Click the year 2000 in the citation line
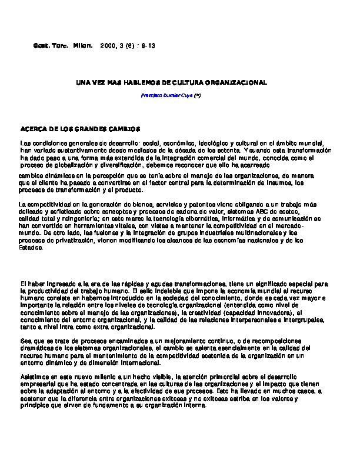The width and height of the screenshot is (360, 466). click(x=108, y=45)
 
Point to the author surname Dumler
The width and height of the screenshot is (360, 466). click(x=172, y=95)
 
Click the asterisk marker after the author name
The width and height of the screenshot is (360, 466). click(x=198, y=95)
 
